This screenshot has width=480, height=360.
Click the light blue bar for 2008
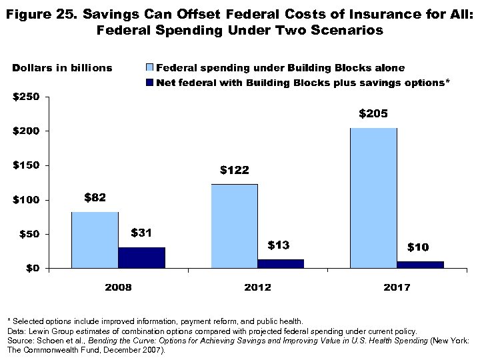(x=95, y=240)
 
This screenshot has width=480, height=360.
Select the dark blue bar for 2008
(x=141, y=257)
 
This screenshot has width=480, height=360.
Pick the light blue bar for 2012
(x=234, y=226)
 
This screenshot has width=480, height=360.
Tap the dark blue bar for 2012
(x=281, y=263)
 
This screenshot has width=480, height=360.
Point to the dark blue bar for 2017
(x=420, y=265)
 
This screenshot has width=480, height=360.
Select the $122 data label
(x=234, y=171)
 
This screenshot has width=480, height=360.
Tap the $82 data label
(x=95, y=198)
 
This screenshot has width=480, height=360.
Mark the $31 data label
(x=141, y=233)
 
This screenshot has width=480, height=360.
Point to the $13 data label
(x=278, y=245)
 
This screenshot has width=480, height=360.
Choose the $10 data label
(x=418, y=247)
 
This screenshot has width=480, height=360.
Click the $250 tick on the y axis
(x=27, y=97)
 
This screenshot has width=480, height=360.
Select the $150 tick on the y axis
(x=27, y=165)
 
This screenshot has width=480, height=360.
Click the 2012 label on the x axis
(x=257, y=287)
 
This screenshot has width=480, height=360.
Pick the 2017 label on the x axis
(x=397, y=287)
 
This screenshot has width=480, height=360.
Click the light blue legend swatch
(x=149, y=67)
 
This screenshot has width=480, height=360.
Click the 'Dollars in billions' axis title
(x=62, y=68)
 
